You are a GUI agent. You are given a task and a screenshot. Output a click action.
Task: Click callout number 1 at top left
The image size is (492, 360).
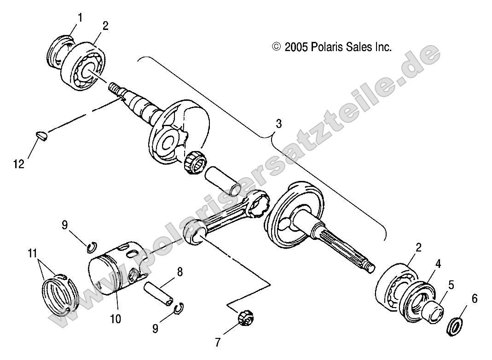(80, 18)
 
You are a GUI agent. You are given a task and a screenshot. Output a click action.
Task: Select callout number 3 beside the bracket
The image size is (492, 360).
(279, 124)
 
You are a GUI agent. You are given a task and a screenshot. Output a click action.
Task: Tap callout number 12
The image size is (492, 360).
(19, 163)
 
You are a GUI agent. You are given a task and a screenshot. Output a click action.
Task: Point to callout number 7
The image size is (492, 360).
(217, 342)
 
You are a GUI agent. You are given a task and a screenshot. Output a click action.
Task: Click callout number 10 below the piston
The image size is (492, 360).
(116, 319)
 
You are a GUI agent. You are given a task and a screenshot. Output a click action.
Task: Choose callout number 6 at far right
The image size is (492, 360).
(474, 299)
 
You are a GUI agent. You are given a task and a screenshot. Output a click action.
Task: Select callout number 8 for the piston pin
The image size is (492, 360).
(179, 272)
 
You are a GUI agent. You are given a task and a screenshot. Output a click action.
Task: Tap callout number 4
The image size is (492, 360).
(438, 264)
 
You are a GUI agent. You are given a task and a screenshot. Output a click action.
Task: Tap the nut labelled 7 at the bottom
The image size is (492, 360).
(243, 318)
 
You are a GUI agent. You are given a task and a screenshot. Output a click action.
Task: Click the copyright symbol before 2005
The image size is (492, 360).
(276, 47)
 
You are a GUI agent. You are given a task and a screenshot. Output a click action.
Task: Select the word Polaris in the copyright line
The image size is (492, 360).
(325, 47)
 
